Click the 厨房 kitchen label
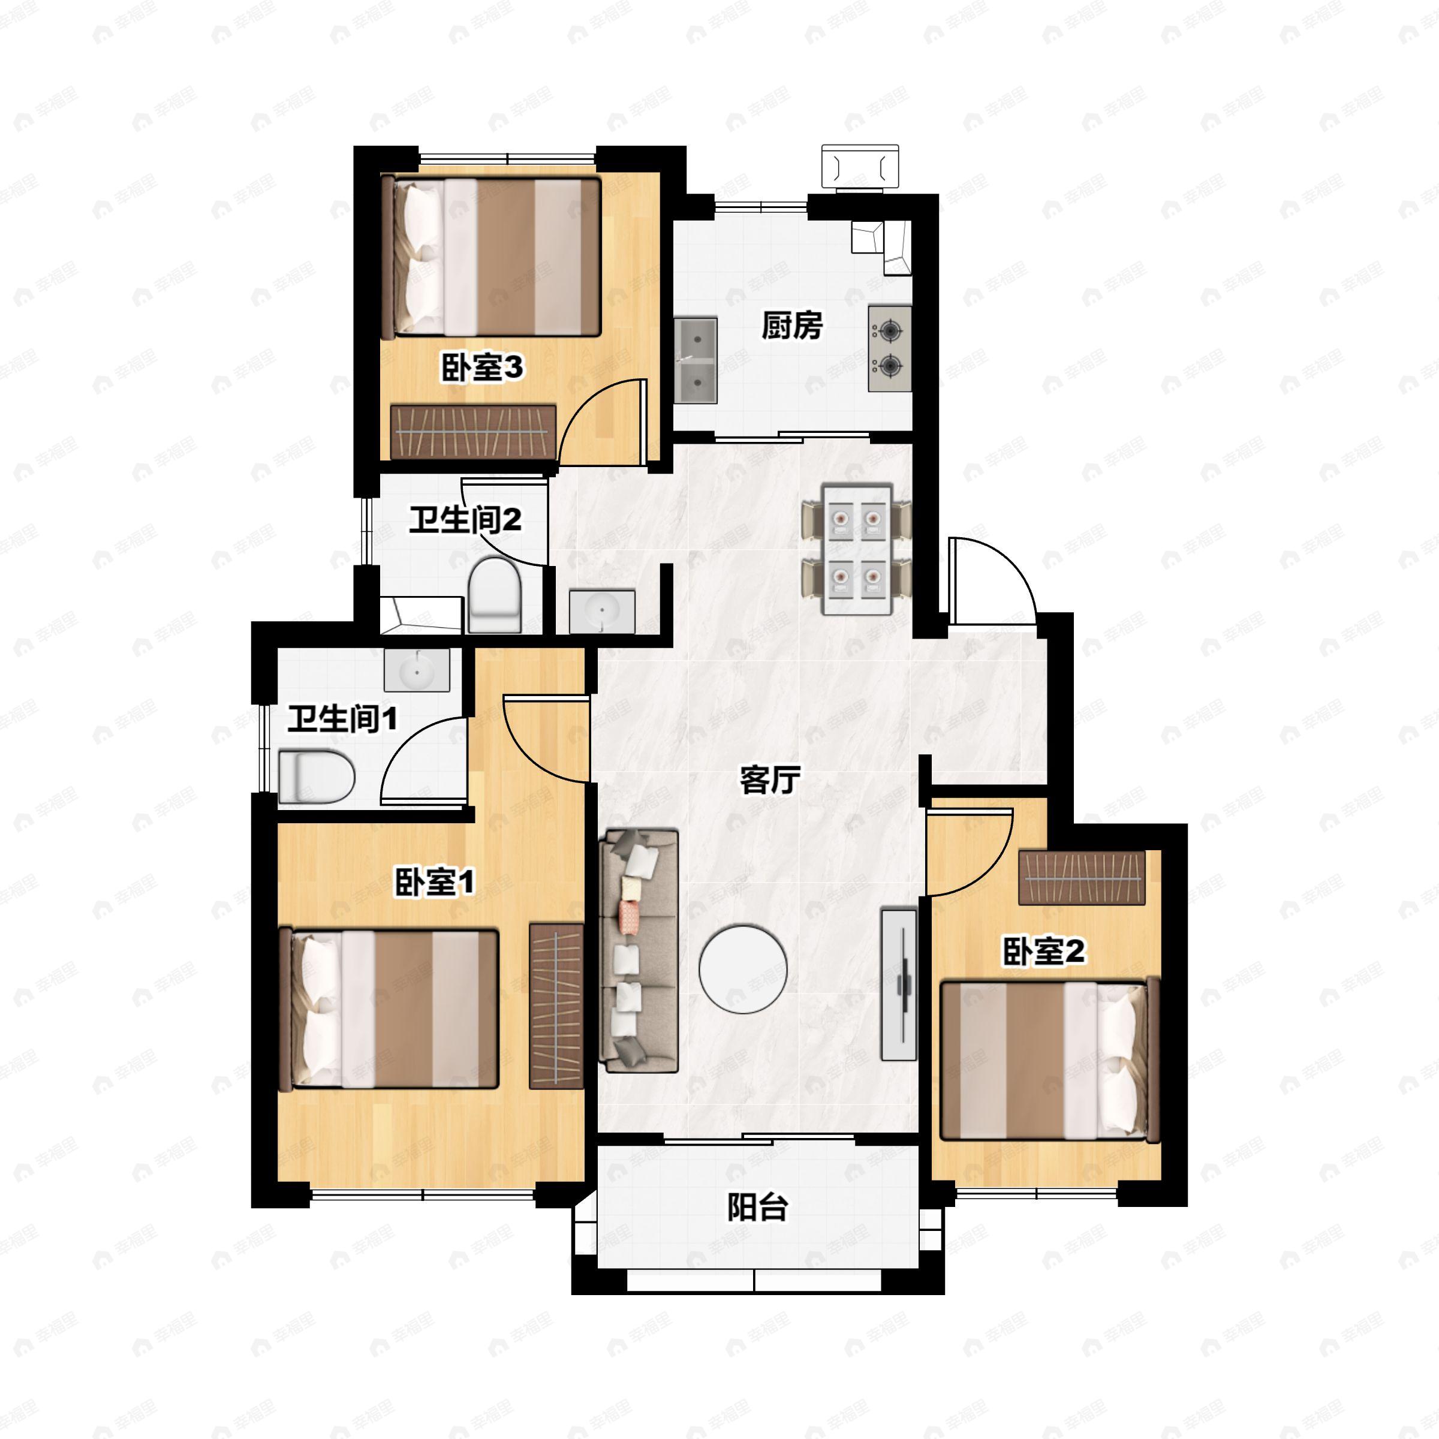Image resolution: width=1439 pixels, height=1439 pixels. tap(791, 326)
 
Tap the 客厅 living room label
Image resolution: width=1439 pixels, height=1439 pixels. tap(770, 780)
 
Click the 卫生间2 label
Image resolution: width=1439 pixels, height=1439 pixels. tap(465, 519)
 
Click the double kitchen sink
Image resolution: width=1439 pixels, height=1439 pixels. tap(696, 360)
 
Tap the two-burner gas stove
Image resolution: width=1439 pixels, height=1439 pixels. tap(889, 347)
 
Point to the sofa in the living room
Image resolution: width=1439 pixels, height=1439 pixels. tap(639, 950)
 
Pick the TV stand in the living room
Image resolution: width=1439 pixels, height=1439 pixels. tap(898, 983)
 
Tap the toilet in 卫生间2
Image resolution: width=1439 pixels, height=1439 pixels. tap(494, 596)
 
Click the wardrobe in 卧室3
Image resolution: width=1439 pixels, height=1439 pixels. tap(474, 432)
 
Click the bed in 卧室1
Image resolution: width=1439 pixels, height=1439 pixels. tap(388, 1009)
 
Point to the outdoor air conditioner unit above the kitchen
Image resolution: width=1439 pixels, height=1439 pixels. tap(860, 166)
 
